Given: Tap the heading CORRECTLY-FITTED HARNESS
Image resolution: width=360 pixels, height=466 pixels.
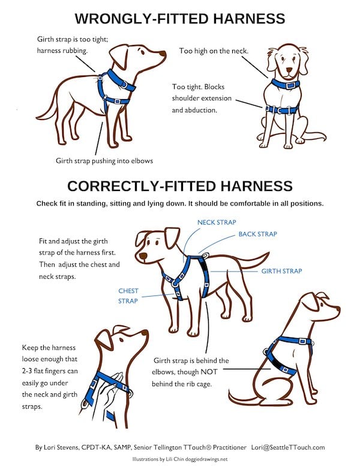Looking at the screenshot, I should click(180, 186).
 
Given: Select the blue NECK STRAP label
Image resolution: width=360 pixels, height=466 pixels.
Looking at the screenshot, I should click(217, 222).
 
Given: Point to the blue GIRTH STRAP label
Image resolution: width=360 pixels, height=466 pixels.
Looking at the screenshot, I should click(281, 271).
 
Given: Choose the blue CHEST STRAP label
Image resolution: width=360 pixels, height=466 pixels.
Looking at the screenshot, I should click(128, 295).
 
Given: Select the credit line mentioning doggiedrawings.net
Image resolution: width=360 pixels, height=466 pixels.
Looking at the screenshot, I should click(180, 459).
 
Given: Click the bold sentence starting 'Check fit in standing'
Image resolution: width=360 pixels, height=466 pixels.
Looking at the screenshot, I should click(180, 203).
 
